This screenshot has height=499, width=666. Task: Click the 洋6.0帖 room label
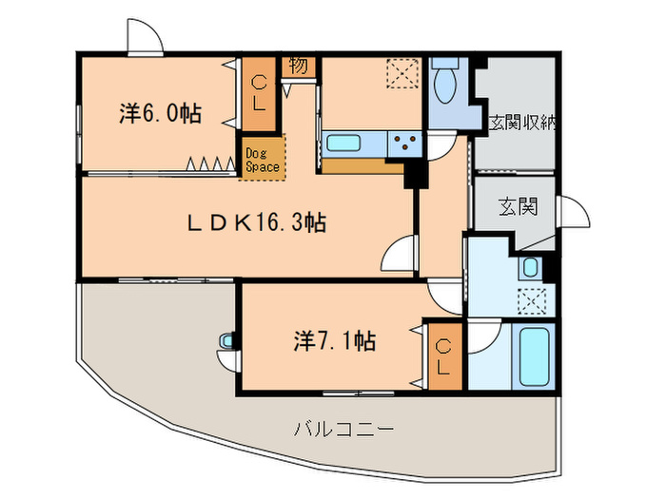[x=160, y=113]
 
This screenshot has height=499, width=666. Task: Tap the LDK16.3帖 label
[x=256, y=224]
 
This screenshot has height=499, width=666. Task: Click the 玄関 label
[x=516, y=206]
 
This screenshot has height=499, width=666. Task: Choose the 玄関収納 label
[x=522, y=123]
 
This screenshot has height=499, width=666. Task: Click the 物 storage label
[x=298, y=66]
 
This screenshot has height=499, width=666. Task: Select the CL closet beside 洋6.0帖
[x=258, y=94]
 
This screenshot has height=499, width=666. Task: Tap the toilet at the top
[x=445, y=86]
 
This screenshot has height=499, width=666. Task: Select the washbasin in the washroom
[x=530, y=267]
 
